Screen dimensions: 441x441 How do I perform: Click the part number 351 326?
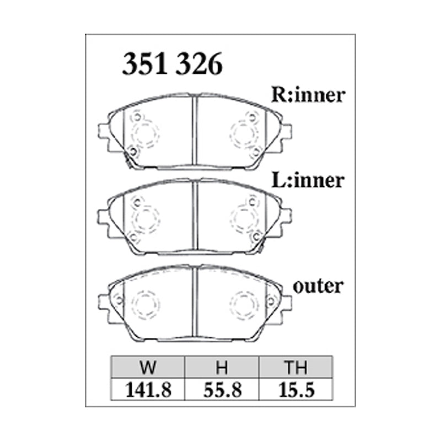click(172, 64)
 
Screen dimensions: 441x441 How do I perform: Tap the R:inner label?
click(308, 95)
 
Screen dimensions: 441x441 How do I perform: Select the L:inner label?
click(308, 180)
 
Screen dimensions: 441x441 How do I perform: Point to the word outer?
click(318, 286)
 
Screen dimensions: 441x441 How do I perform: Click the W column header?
click(148, 367)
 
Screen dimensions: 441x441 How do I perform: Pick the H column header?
click(222, 367)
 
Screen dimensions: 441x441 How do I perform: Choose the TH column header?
click(295, 367)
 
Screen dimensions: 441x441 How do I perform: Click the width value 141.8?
click(148, 390)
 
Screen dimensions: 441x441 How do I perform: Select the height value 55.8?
click(223, 390)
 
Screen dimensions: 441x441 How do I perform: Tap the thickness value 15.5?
click(296, 390)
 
